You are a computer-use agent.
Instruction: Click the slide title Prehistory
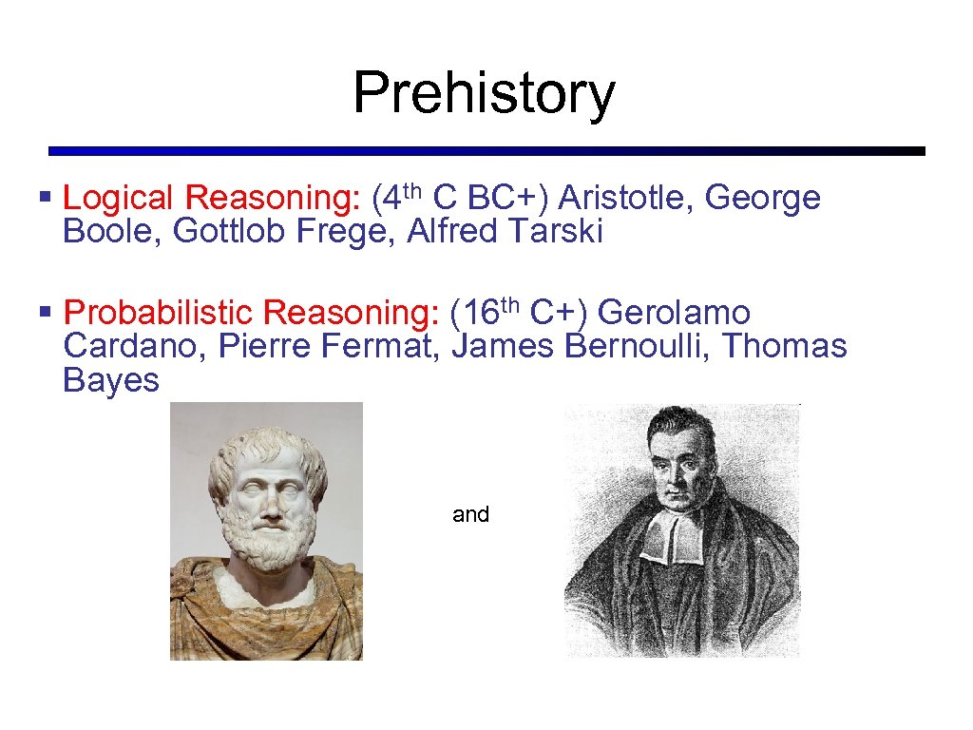(485, 93)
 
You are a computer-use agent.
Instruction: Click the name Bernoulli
(638, 346)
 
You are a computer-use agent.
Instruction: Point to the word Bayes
(110, 380)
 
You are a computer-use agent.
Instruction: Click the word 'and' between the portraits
(470, 514)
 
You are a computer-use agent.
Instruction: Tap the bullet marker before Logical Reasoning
(44, 198)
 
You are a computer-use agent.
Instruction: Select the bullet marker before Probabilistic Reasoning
(44, 312)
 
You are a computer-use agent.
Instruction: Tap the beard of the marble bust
(268, 547)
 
